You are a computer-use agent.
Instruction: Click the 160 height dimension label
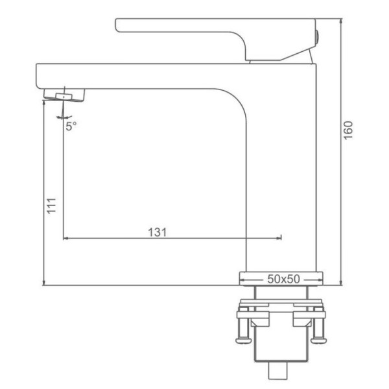(348, 130)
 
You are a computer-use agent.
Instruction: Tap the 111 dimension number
(51, 206)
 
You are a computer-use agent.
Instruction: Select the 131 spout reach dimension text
(158, 233)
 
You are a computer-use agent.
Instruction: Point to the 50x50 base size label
(283, 279)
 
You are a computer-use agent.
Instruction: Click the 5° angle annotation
(71, 126)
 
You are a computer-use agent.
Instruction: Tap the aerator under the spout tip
(64, 95)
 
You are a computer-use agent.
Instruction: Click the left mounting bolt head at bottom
(244, 340)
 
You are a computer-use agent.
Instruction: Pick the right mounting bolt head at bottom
(319, 340)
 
